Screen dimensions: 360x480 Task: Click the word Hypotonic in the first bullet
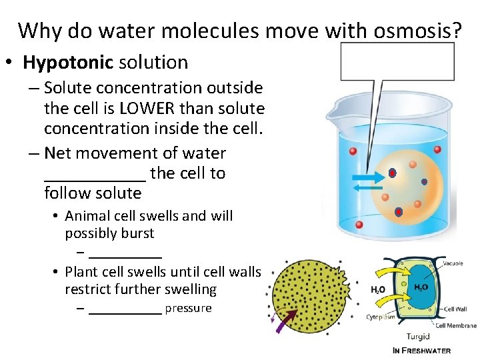tap(68, 63)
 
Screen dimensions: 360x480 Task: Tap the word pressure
tap(188, 308)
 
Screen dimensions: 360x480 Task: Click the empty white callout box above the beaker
tap(397, 61)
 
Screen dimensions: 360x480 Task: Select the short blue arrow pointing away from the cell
tap(368, 189)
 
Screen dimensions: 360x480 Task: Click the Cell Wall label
tap(455, 309)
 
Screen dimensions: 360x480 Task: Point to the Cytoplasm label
tap(379, 317)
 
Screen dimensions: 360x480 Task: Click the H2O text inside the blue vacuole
tap(421, 287)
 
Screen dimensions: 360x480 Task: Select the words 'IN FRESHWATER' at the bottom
tap(421, 351)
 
